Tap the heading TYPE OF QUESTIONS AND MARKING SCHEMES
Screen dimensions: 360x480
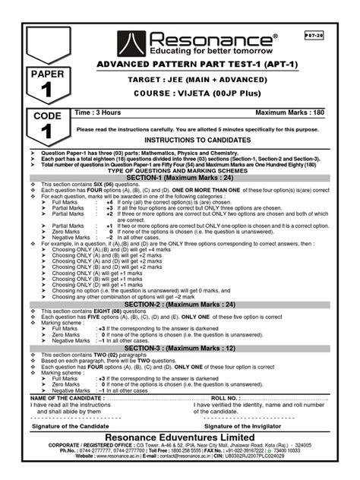pyautogui.click(x=179, y=169)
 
